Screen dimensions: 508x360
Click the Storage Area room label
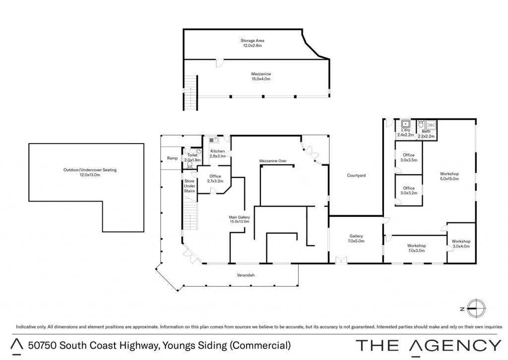click(252, 43)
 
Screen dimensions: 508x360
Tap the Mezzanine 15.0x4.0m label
click(261, 76)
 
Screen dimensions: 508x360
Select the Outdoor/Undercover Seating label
click(90, 172)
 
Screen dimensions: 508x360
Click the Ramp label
click(172, 158)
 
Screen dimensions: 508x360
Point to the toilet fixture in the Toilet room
click(190, 165)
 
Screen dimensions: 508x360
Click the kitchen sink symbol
click(213, 140)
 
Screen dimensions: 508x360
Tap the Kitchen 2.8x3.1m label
click(217, 153)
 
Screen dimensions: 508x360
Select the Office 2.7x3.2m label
click(215, 179)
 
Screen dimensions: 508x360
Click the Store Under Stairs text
click(190, 186)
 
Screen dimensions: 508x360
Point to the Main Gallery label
click(239, 219)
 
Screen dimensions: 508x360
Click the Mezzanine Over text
click(273, 160)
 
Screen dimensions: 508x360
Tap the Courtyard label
click(356, 175)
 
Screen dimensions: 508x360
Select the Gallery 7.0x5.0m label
click(356, 238)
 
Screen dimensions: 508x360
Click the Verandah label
click(246, 275)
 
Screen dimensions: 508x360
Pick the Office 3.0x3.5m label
click(409, 157)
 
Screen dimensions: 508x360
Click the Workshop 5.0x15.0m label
click(449, 176)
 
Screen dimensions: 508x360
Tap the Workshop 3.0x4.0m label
click(461, 244)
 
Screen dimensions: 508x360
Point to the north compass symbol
click(475, 309)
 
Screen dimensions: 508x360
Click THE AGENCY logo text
click(428, 346)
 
